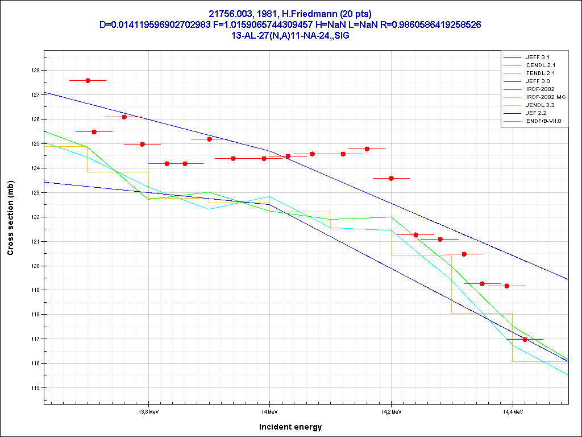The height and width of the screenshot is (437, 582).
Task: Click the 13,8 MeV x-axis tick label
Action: coord(148,411)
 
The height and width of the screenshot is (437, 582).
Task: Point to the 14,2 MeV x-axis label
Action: coord(390,411)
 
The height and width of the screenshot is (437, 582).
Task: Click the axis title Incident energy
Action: coord(290,427)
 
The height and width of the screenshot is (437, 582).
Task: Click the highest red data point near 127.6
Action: coord(88,81)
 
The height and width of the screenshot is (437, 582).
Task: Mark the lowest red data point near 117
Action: coord(525,340)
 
